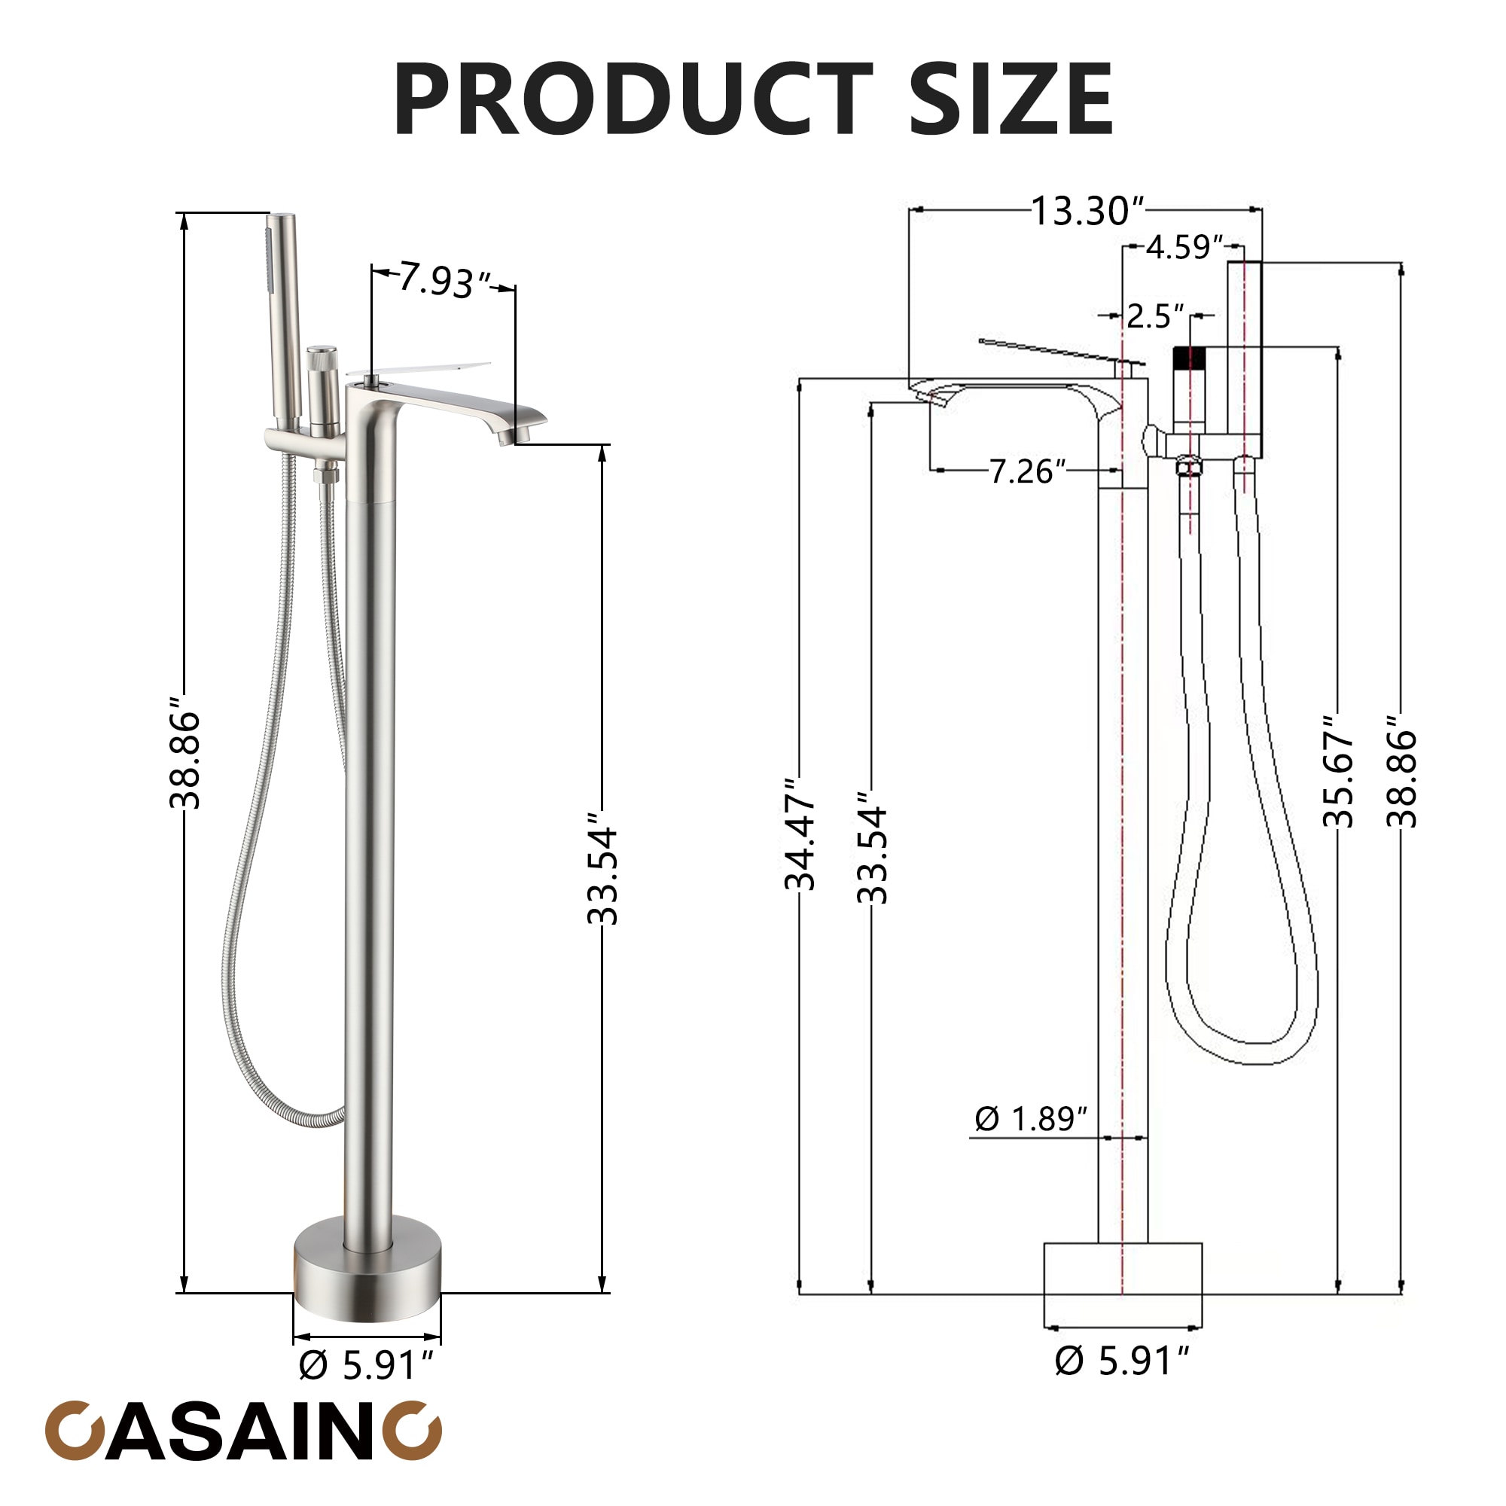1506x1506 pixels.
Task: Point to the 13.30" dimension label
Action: pyautogui.click(x=1088, y=211)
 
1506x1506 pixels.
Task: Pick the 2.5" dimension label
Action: pyautogui.click(x=1155, y=316)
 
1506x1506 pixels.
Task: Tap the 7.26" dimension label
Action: pyautogui.click(x=1027, y=471)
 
